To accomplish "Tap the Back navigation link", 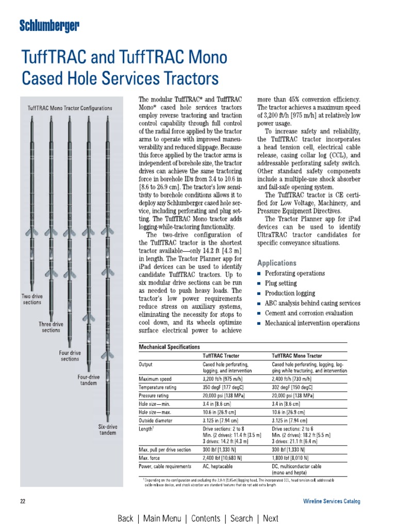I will [125, 518].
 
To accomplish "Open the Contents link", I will [205, 518].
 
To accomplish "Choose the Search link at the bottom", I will [242, 518].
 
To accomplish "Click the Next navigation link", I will [270, 518].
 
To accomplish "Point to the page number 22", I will [23, 501].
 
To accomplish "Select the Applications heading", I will [277, 262].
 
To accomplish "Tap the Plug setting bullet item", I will [280, 283].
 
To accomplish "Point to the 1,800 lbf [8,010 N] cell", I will [290, 458].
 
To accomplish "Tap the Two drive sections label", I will [32, 299].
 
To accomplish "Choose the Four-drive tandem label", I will [88, 380].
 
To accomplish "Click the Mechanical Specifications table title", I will [170, 347].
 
